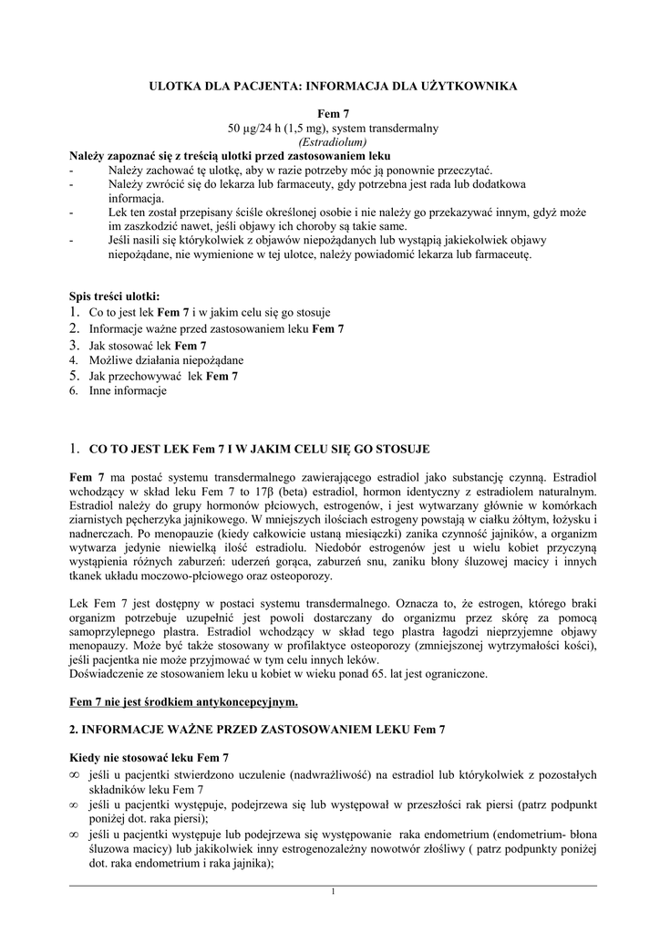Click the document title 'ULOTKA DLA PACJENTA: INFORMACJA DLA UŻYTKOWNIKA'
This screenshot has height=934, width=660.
tap(333, 86)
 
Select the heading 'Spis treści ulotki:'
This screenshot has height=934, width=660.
tap(114, 296)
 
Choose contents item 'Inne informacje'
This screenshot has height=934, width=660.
tap(128, 391)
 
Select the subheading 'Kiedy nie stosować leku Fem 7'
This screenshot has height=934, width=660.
tap(150, 759)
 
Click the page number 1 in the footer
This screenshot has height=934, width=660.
tap(333, 891)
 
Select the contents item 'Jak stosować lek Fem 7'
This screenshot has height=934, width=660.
tap(148, 346)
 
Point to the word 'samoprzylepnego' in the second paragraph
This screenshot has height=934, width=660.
tap(115, 632)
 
